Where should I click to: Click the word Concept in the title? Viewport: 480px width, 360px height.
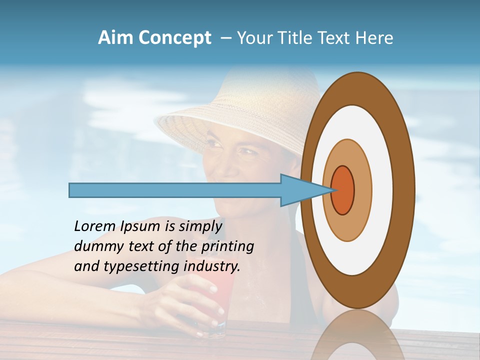click(175, 38)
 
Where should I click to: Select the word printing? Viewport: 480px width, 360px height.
click(227, 246)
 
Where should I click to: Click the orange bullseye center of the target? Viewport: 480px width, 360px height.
click(343, 190)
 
